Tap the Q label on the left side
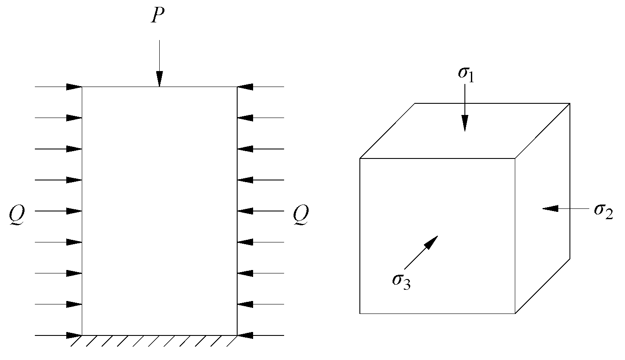coord(18,214)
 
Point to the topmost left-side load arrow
coord(58,87)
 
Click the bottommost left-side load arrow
coord(58,335)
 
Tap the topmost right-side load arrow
coord(260,87)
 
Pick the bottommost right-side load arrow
coord(260,335)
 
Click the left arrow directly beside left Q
coord(58,211)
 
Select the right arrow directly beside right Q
coord(260,211)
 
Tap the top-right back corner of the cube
coord(569,103)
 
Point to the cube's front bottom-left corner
coord(360,313)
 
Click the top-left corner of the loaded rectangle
coord(82,87)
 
